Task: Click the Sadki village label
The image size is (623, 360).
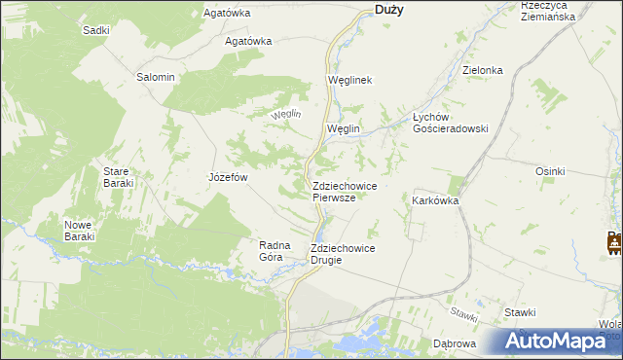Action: (95, 30)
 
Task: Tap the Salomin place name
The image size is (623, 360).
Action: (155, 77)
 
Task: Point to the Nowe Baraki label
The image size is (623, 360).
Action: (78, 230)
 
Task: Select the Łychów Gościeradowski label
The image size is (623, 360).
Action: (450, 122)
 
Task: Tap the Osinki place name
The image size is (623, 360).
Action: (550, 171)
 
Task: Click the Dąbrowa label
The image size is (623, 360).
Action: (454, 343)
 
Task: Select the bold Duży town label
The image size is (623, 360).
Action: (389, 10)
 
